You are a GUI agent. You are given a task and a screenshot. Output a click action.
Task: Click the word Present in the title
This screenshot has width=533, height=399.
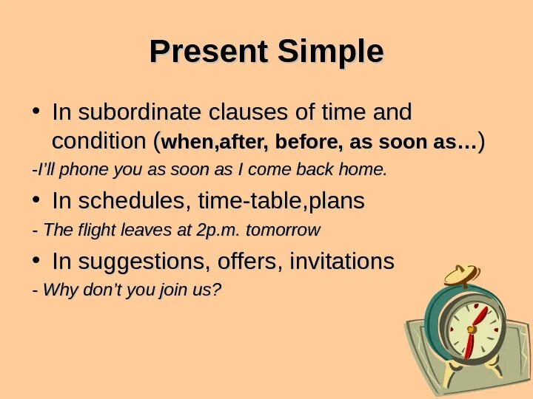[x=208, y=51]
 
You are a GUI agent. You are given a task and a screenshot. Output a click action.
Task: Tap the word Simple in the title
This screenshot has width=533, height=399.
[x=331, y=52]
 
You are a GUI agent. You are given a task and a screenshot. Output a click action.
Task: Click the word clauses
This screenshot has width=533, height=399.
[x=248, y=112]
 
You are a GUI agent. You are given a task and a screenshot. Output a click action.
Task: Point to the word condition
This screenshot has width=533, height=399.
[x=99, y=140]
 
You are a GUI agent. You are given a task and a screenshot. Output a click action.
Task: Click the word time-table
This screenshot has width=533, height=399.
[x=249, y=200]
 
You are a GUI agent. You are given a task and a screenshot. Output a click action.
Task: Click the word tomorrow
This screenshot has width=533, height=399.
[x=283, y=230]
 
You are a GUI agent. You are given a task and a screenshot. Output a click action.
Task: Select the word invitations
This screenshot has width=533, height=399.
[x=342, y=261]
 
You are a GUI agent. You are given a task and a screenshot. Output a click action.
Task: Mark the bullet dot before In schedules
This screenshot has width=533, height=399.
[x=36, y=199]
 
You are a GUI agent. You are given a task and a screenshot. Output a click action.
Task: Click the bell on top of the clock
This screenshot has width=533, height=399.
[x=462, y=275]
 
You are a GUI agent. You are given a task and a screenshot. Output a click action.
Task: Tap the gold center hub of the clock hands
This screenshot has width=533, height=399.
[x=471, y=329]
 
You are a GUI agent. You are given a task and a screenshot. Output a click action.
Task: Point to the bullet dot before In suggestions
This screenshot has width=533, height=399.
[x=36, y=260]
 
